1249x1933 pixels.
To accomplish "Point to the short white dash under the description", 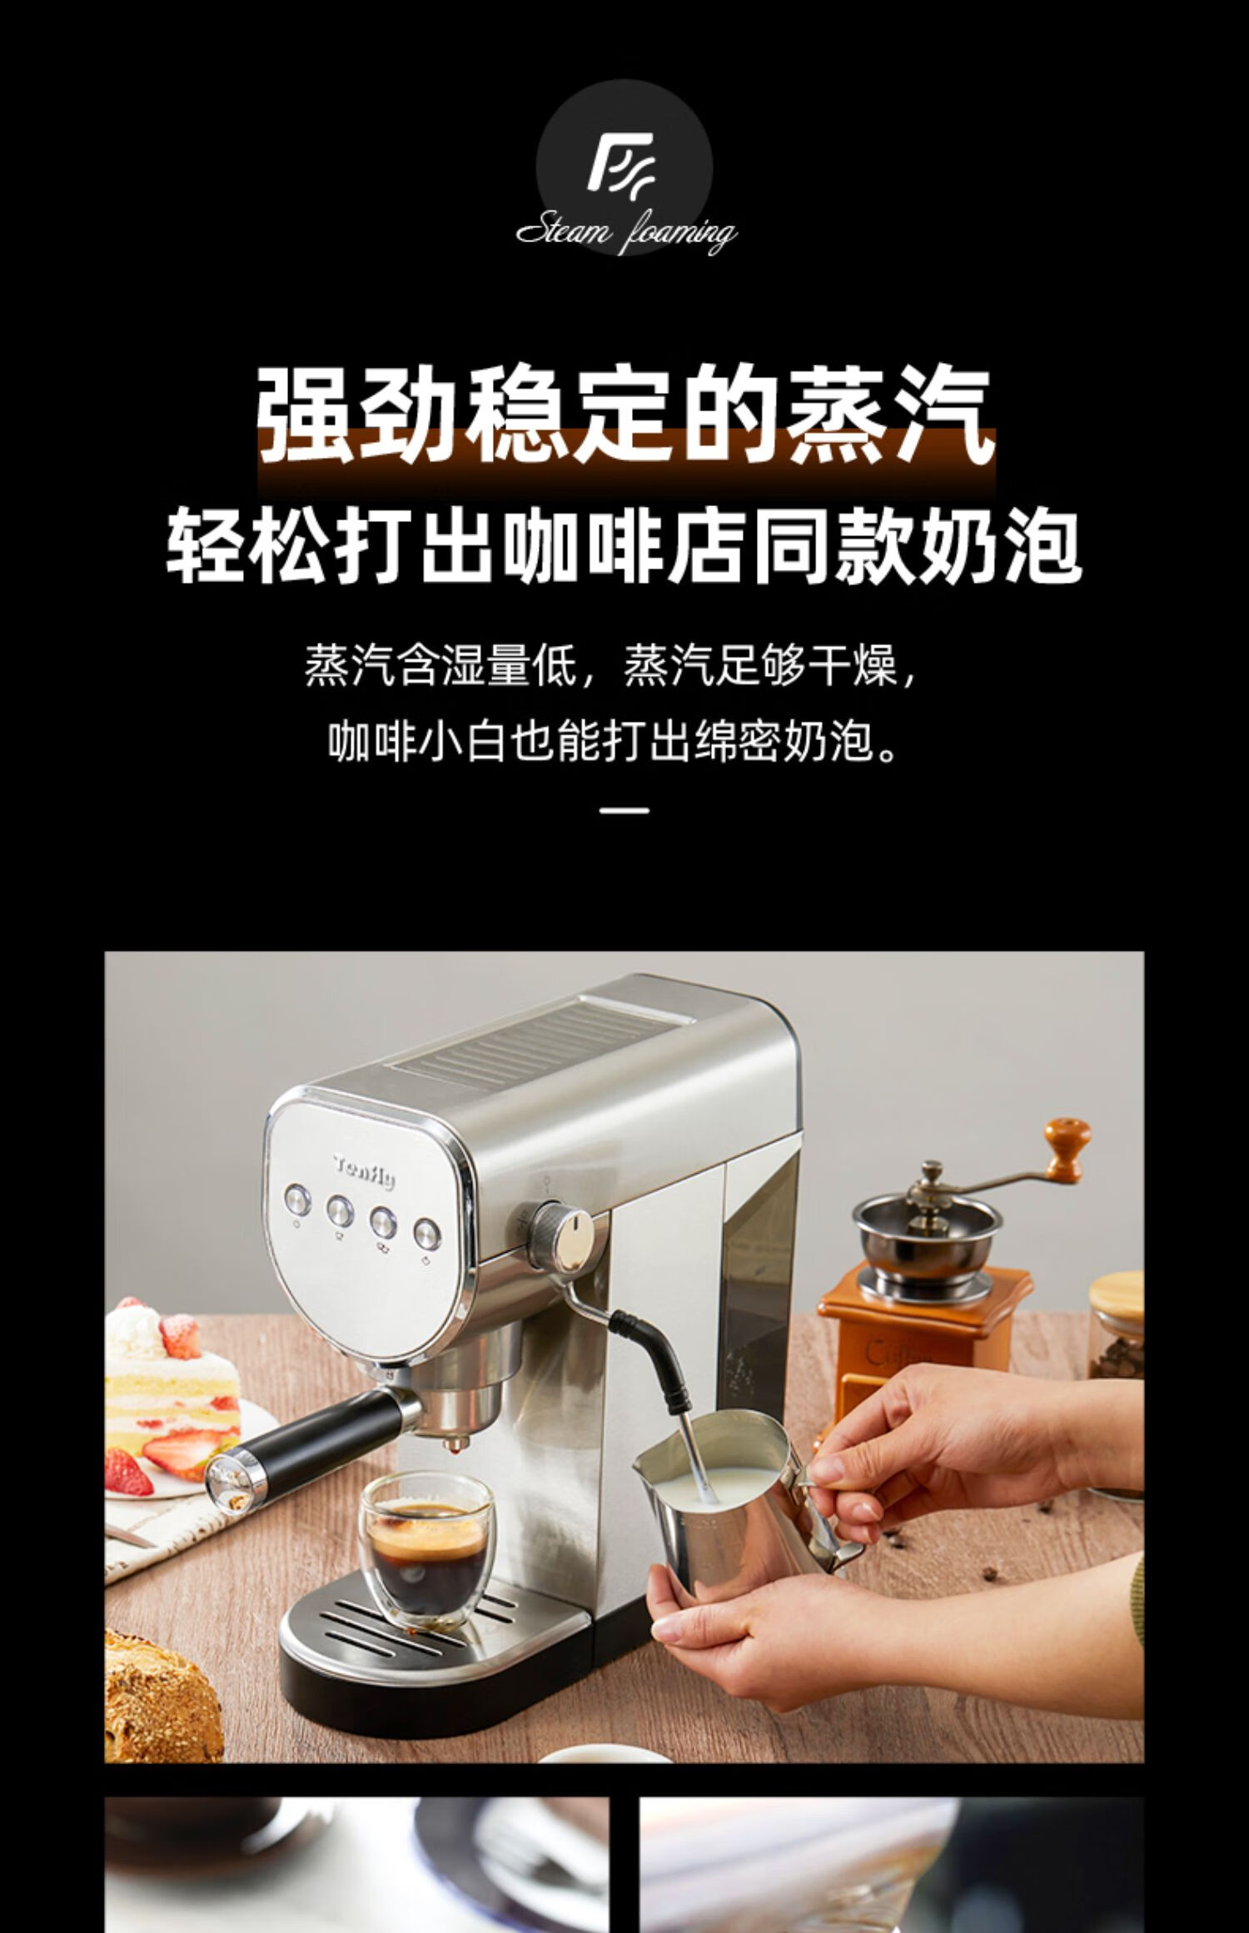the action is (624, 808).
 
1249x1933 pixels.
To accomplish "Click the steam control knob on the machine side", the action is (563, 1230).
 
